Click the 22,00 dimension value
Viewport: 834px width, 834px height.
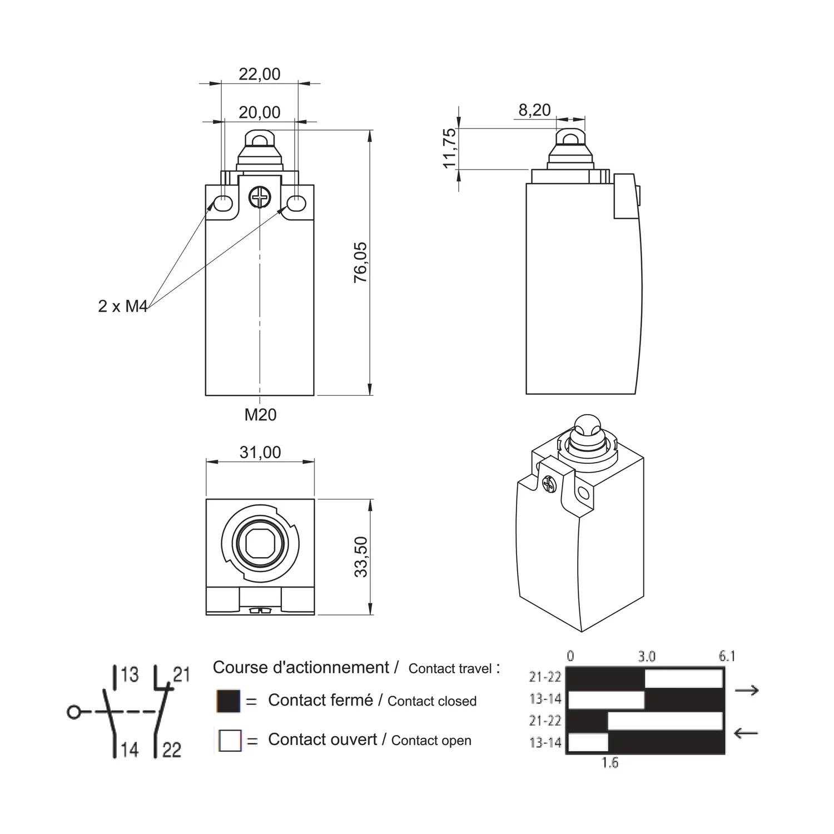click(260, 74)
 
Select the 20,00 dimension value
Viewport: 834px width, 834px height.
click(260, 112)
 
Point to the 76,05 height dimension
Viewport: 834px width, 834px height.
click(361, 262)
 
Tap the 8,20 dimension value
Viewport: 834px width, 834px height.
click(534, 110)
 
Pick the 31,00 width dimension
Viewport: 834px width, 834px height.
click(260, 453)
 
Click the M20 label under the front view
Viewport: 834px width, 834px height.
click(260, 415)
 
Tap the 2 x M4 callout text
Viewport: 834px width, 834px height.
click(123, 306)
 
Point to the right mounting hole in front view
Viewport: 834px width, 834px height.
click(296, 204)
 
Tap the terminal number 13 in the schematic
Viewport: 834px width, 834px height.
click(129, 675)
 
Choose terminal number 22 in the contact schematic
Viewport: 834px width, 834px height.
click(172, 750)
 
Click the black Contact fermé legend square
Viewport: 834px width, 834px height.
click(229, 701)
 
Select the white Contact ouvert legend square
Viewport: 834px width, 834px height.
click(230, 741)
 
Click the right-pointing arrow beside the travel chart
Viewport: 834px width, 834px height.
click(747, 691)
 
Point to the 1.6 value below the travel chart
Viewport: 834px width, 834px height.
click(610, 763)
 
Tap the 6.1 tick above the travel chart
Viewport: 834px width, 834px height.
click(727, 656)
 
